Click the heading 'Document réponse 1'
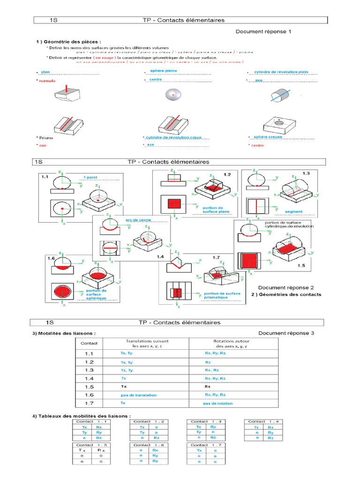point(263,32)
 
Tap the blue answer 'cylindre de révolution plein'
point(281,72)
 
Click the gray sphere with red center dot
point(172,95)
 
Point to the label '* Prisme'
point(45,138)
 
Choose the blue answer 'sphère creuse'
point(268,137)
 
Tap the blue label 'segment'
point(294,211)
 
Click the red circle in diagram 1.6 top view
point(62,292)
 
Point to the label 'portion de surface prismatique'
point(222,295)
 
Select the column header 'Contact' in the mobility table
point(89,343)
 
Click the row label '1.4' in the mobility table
point(89,378)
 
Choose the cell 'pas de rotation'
point(217,404)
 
